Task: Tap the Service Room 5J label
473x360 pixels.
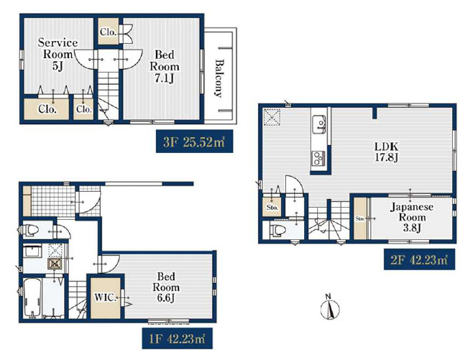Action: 58,55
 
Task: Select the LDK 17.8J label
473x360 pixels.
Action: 387,152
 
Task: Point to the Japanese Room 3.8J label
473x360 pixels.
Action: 411,217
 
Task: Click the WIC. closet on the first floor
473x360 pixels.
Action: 106,297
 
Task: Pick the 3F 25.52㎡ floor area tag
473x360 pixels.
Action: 194,142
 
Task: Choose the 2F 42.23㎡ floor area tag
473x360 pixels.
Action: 419,259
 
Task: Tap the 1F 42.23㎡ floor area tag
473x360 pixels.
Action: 177,338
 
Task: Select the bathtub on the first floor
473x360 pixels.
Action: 32,297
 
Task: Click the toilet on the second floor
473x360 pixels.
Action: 277,231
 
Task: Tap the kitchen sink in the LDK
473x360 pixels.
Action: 319,124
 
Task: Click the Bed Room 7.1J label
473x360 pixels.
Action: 165,67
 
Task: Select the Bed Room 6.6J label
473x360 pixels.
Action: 166,287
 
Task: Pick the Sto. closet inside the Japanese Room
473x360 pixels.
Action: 360,218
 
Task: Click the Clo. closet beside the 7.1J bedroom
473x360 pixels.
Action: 109,32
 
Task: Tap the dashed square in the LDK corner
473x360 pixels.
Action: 272,116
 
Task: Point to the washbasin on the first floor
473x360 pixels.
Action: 32,251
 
